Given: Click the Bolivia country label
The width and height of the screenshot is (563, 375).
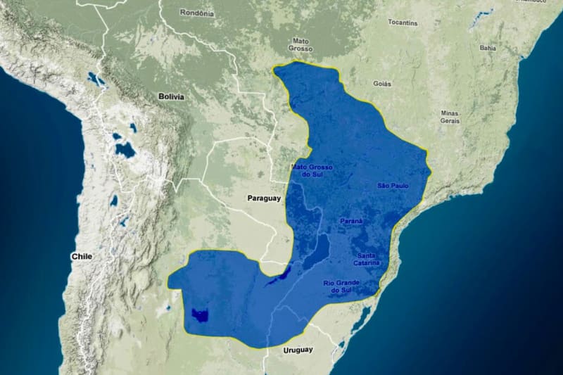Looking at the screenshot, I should [x=171, y=96].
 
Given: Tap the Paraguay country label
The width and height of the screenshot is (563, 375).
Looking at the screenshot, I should [x=264, y=198].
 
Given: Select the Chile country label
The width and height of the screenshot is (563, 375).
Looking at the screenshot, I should [x=81, y=257].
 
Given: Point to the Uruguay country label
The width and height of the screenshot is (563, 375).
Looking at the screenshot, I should [x=297, y=350].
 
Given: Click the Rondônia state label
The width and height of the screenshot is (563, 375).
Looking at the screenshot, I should [x=196, y=13].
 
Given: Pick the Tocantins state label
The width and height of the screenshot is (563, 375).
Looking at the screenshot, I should [x=403, y=23].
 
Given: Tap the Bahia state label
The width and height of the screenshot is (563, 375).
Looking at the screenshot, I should [x=487, y=48].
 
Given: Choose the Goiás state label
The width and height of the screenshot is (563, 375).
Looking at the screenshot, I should [x=382, y=83].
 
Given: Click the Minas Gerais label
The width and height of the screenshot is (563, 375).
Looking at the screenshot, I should [x=450, y=117].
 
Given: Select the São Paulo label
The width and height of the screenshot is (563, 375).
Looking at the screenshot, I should [x=392, y=186].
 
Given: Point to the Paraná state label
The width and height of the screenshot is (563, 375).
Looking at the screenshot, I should [x=351, y=221].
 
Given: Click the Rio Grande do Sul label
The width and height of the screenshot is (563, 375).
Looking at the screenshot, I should [x=342, y=286].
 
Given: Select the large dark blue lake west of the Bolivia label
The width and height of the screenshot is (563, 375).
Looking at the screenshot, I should [x=125, y=150].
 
